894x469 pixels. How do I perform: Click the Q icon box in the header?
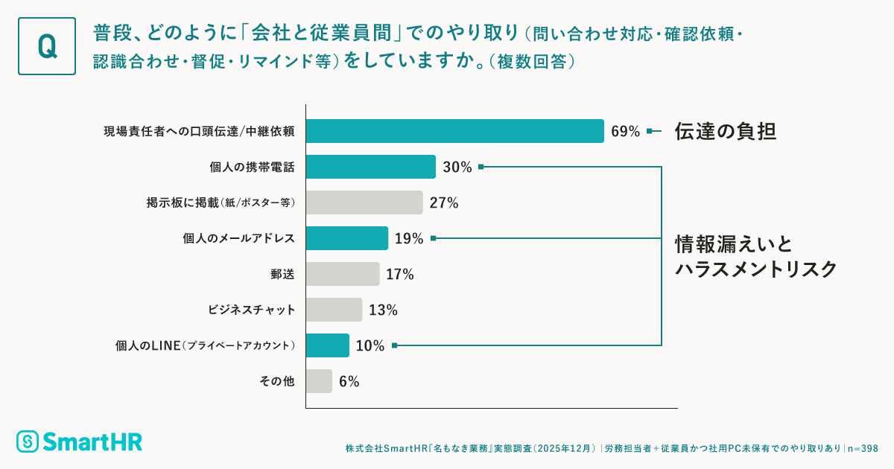pos(47,46)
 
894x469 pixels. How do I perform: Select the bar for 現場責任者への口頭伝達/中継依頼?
pos(454,131)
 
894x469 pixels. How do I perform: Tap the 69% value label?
pos(625,132)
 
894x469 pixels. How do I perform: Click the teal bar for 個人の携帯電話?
pos(370,167)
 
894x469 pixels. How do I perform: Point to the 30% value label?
pos(457,167)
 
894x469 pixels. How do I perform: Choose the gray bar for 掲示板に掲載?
pos(364,202)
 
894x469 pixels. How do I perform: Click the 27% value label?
pos(443,203)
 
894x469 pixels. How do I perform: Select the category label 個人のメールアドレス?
pos(238,238)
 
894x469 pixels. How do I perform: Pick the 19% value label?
pos(409,239)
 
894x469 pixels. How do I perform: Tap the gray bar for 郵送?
pos(343,274)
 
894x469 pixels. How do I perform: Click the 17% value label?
pos(400,275)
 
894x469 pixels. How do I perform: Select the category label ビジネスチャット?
pos(251,310)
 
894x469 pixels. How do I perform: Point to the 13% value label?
pos(383,310)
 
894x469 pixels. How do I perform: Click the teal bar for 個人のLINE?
pos(327,345)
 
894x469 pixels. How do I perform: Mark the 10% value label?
pos(370,346)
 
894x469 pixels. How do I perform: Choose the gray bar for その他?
pos(319,381)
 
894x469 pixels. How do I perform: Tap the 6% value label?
pos(349,382)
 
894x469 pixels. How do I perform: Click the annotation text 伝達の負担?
pos(726,132)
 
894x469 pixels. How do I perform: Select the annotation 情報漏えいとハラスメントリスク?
pos(755,256)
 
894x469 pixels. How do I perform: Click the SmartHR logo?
pos(79,441)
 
